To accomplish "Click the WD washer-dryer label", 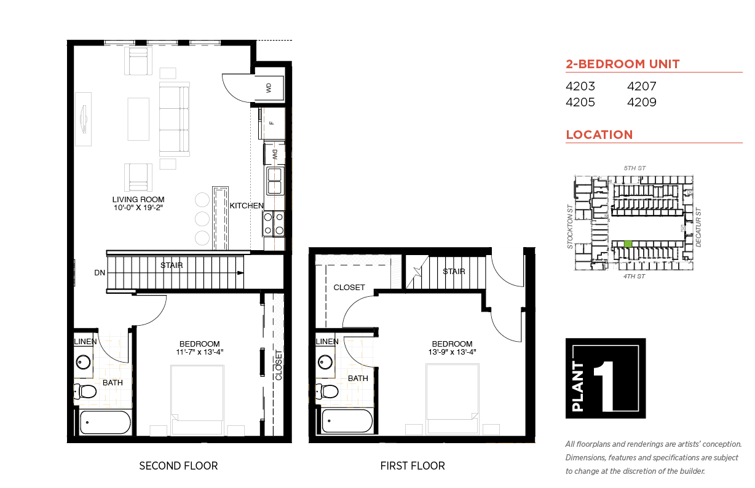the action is tap(269, 89).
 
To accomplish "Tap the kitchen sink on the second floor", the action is tap(275, 181).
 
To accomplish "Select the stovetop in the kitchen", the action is tap(274, 224).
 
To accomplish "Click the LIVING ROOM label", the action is tap(138, 200).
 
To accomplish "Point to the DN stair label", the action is tap(100, 273).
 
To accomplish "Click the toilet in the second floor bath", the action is tap(85, 392).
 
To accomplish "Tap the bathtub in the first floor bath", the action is tap(347, 421).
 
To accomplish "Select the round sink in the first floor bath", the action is tap(325, 362).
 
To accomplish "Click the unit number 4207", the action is tap(641, 86).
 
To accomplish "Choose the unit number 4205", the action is tap(580, 102).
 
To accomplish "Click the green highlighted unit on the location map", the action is tap(628, 243).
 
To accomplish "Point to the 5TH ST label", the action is tap(634, 168).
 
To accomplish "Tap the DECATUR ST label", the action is tap(698, 227).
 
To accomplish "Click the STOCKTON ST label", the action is tap(570, 226).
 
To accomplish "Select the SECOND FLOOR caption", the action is tap(178, 466).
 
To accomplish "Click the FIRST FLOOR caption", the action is tap(413, 466).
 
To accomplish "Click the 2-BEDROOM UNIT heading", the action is tap(623, 64).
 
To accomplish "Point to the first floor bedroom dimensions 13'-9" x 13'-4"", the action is tap(452, 352).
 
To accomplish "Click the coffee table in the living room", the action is tap(138, 119).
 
